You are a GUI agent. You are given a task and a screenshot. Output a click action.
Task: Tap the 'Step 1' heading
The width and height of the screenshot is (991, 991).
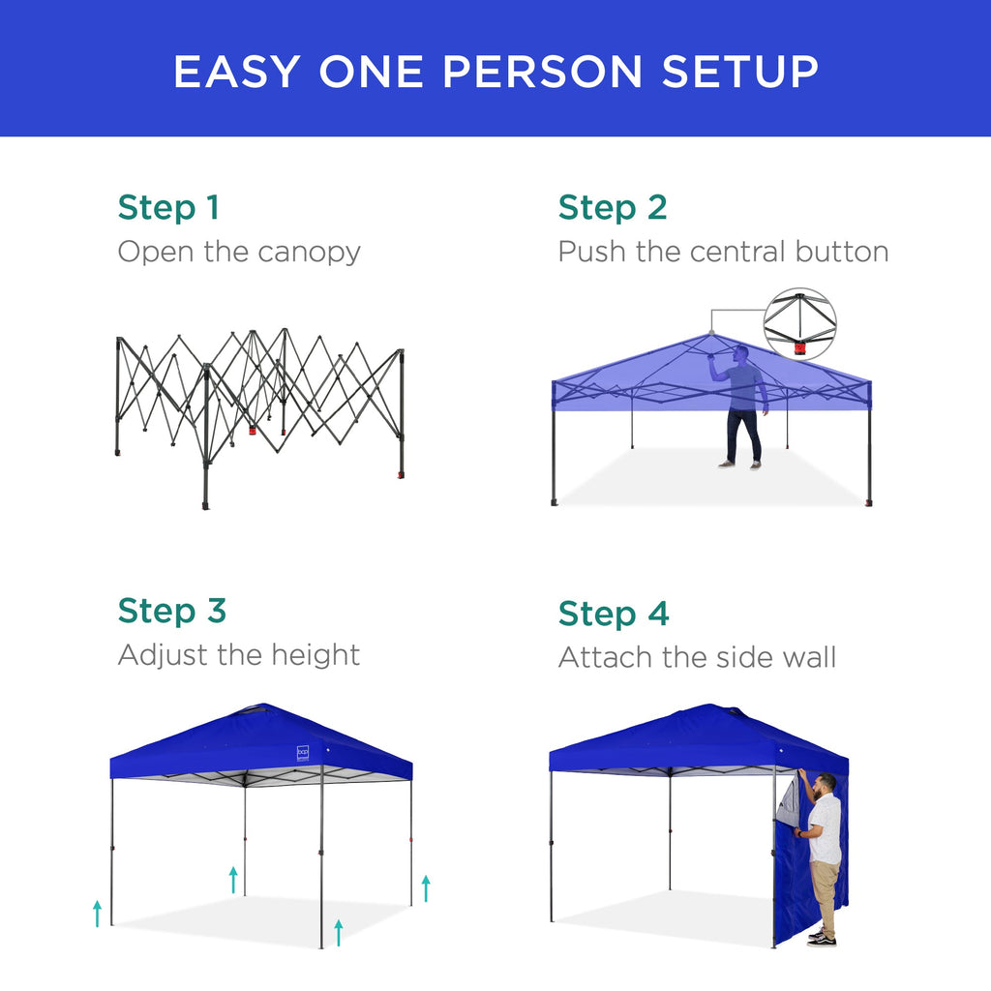coord(168,207)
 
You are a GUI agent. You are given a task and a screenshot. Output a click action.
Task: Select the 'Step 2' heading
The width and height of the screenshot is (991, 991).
coord(613,207)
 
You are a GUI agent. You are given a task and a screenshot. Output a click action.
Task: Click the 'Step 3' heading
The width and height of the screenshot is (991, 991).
coord(172,611)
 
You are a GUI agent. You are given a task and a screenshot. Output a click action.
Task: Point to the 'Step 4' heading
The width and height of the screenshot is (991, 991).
coord(614,614)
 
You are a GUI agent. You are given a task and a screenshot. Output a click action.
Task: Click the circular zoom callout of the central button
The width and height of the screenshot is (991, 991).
coord(799,324)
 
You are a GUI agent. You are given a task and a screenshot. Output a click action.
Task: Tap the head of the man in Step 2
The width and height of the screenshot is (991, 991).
coord(741,355)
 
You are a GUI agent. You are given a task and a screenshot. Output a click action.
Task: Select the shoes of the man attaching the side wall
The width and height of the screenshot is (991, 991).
coord(822,938)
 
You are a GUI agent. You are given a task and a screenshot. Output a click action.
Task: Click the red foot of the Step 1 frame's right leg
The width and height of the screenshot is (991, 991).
coord(401,475)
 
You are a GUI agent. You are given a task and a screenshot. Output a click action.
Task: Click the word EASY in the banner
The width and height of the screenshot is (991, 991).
coord(237,72)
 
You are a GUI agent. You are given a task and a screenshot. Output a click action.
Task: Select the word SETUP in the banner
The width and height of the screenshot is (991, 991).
coord(740,72)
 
